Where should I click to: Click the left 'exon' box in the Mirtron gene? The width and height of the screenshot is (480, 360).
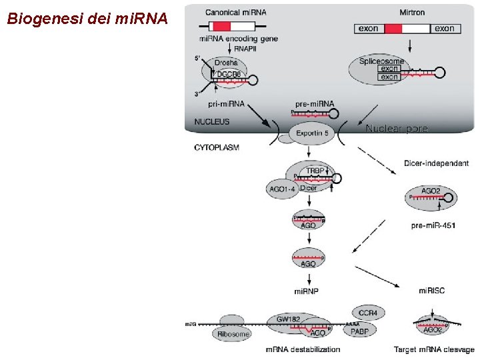click(368, 29)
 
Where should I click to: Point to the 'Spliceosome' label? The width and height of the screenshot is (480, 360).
click(381, 61)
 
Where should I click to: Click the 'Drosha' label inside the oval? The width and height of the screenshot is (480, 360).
click(227, 63)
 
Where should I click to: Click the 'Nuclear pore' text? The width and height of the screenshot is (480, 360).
click(397, 129)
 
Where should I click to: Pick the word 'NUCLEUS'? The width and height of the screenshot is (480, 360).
click(212, 122)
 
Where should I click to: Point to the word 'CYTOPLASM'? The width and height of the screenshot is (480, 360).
click(216, 147)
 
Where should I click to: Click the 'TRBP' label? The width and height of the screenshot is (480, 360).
click(315, 171)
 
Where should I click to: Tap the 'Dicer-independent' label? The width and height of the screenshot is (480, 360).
click(436, 163)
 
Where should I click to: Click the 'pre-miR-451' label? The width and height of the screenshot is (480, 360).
click(433, 225)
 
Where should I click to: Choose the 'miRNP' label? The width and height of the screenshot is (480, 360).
click(307, 291)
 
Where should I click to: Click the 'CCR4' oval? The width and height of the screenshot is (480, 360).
click(367, 312)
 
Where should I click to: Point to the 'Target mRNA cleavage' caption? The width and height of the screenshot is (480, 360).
click(433, 349)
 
